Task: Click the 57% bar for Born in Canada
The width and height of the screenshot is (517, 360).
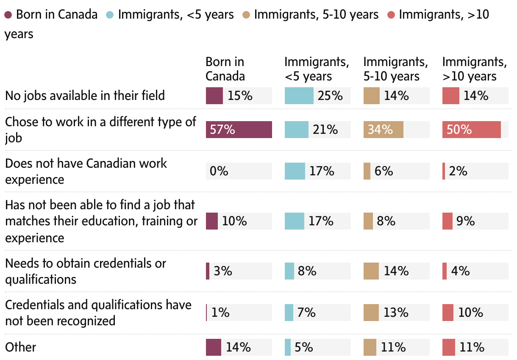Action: click(239, 130)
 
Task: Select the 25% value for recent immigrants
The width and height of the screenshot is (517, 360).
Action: click(330, 96)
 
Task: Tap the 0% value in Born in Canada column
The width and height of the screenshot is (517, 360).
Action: click(219, 171)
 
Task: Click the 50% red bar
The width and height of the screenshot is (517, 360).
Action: click(471, 130)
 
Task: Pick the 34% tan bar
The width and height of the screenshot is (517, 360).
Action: click(383, 130)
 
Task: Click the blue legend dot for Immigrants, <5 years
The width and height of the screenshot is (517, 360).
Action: click(110, 15)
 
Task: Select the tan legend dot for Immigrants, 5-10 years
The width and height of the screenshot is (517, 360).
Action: click(246, 15)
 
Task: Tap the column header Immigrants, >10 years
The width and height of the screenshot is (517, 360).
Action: click(474, 69)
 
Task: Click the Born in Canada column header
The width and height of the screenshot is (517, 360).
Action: click(225, 69)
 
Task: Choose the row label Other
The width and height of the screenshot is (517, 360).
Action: click(20, 347)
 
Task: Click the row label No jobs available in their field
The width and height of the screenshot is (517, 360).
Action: click(85, 96)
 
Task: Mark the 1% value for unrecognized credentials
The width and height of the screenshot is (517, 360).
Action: click(220, 313)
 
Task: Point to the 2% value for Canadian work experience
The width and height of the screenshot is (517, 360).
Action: click(459, 171)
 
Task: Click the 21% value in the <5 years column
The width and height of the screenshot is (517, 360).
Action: click(325, 130)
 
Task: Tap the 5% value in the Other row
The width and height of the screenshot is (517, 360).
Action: click(304, 347)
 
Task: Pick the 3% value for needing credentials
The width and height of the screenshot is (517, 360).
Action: click(223, 271)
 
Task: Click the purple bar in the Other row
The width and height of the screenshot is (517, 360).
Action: click(213, 347)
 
